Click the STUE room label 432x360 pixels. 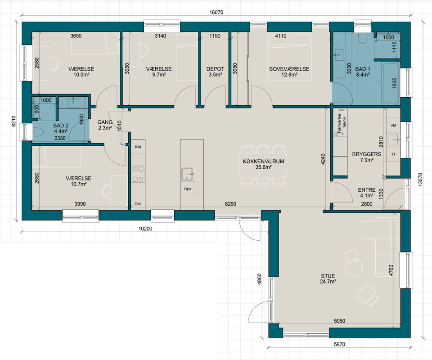(x=328, y=276)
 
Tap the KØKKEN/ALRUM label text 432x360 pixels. (x=263, y=162)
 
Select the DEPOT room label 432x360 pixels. (x=216, y=69)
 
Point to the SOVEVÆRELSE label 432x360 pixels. (x=289, y=69)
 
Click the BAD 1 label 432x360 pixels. (x=363, y=69)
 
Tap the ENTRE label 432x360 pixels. (x=367, y=190)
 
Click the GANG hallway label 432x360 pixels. (x=105, y=122)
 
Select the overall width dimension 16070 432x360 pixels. (x=216, y=12)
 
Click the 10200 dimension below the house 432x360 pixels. (x=145, y=229)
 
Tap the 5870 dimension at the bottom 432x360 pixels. (x=339, y=344)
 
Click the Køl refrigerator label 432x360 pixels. (x=138, y=147)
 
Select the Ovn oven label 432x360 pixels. (x=138, y=203)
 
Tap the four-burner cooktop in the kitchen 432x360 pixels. (x=138, y=174)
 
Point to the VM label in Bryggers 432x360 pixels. (x=393, y=126)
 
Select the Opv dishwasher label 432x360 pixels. (x=188, y=189)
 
